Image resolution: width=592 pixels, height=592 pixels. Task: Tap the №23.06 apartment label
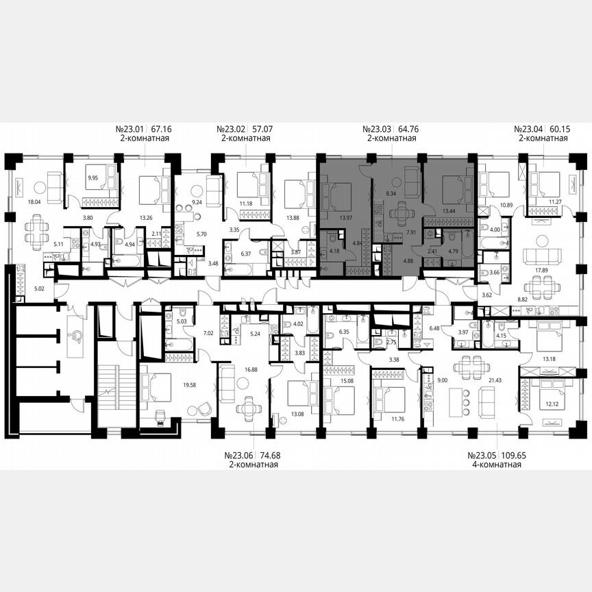(238, 456)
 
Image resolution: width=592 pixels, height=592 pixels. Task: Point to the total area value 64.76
(408, 128)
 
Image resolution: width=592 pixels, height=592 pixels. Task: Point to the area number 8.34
(392, 195)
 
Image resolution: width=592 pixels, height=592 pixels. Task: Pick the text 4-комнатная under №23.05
(495, 465)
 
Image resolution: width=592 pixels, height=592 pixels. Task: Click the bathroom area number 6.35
(344, 331)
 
